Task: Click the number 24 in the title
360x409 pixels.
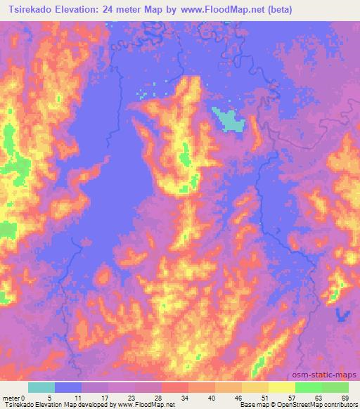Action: (106, 10)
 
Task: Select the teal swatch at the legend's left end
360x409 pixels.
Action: (41, 387)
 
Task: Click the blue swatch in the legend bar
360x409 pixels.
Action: (68, 387)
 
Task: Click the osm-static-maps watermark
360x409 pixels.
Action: (329, 375)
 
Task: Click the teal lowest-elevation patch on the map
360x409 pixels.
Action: (230, 121)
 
